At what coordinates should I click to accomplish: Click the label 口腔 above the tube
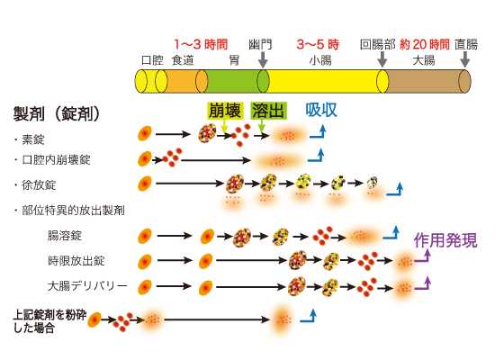(x=152, y=59)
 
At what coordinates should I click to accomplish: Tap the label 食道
(x=183, y=59)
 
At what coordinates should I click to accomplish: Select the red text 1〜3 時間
(x=201, y=43)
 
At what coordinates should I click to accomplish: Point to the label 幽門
(x=260, y=43)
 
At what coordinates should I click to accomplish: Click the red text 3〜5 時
(x=318, y=43)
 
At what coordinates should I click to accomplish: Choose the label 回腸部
(x=377, y=43)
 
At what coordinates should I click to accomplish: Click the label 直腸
(x=466, y=43)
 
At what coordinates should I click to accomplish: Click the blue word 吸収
(x=321, y=110)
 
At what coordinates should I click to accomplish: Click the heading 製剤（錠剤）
(x=56, y=113)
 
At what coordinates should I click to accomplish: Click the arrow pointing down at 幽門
(x=263, y=59)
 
